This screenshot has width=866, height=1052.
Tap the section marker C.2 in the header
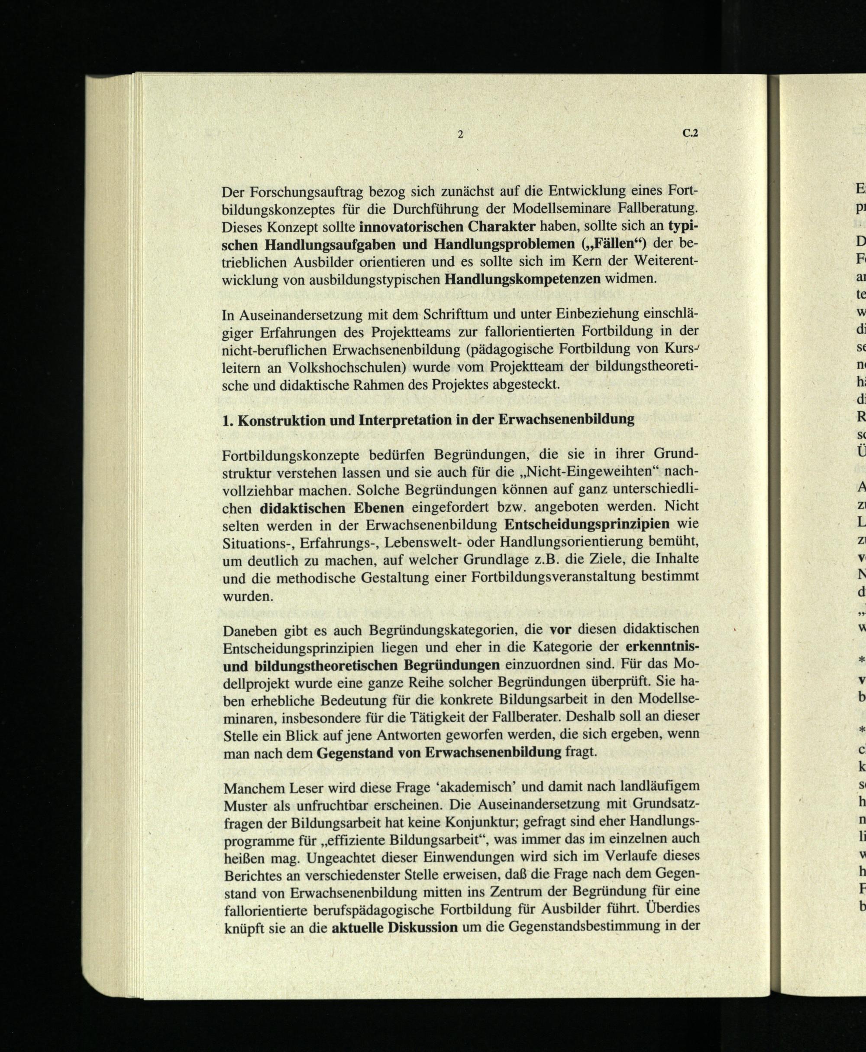point(690,134)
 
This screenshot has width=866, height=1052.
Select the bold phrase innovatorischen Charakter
point(447,227)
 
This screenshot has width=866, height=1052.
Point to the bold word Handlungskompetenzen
point(522,279)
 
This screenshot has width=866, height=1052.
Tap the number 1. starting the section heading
point(227,420)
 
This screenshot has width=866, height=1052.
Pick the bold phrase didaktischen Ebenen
point(332,508)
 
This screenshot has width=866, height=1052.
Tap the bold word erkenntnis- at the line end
point(662,647)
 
